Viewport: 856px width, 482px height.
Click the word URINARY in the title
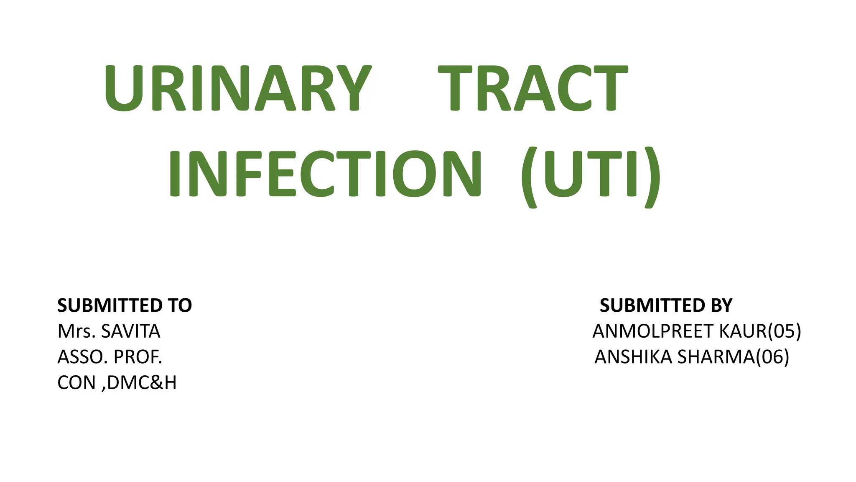[x=237, y=89]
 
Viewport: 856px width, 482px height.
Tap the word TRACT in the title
[x=532, y=89]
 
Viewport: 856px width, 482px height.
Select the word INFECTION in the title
[x=325, y=174]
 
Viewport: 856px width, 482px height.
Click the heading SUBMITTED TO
[x=125, y=305]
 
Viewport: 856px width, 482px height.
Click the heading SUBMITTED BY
[x=666, y=305]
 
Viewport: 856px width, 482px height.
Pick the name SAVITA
[x=131, y=331]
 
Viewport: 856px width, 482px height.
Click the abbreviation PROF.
[x=138, y=357]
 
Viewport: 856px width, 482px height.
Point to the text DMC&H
[x=142, y=383]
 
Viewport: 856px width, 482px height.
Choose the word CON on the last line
[x=76, y=383]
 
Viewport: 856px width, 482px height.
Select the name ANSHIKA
[x=633, y=357]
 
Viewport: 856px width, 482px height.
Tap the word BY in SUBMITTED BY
[x=720, y=305]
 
